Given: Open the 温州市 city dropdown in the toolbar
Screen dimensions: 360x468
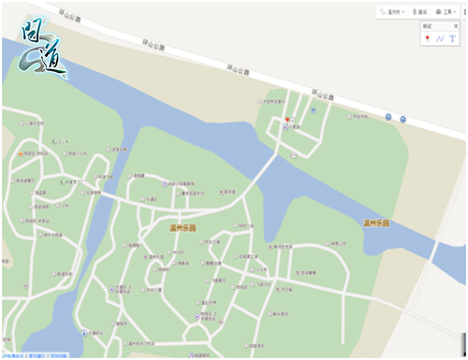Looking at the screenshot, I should (x=393, y=11).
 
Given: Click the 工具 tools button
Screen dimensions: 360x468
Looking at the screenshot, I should (x=446, y=11).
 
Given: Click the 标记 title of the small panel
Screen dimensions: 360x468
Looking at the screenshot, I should (x=428, y=27).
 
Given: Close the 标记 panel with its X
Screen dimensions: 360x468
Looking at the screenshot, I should (x=461, y=27).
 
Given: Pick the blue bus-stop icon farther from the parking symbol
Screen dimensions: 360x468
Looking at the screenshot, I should (x=402, y=119).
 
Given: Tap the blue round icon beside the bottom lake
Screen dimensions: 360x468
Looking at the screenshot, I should (x=86, y=332).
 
